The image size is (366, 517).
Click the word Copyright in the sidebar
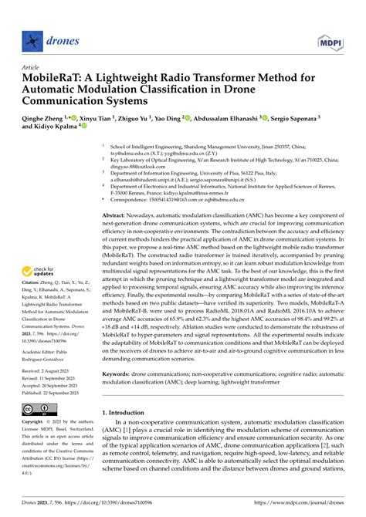coord(33,423)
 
